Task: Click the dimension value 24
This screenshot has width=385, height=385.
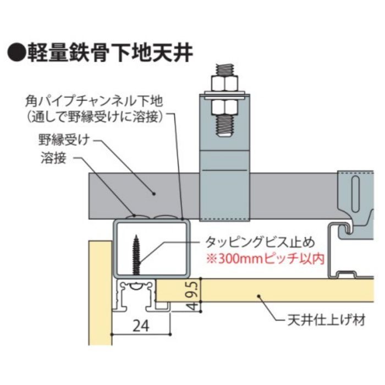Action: (x=141, y=325)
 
